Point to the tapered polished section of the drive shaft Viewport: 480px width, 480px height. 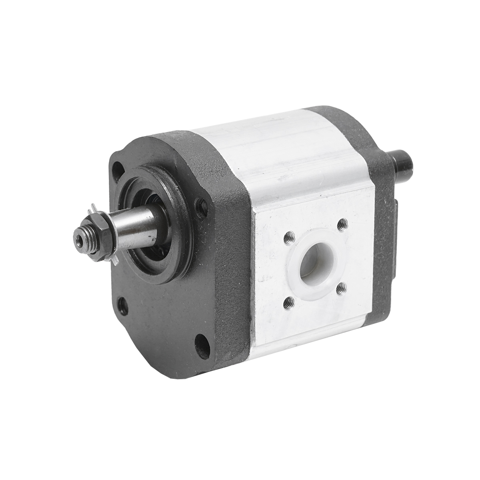tap(132, 232)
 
